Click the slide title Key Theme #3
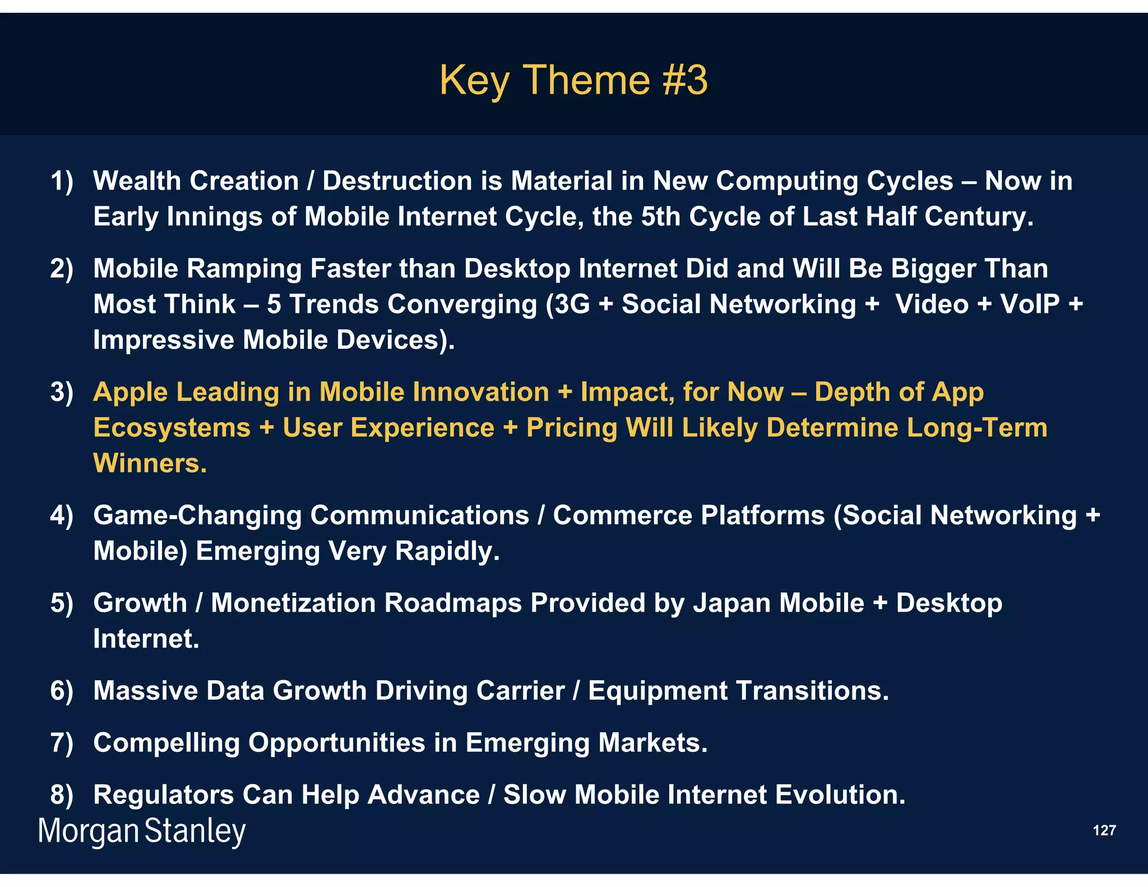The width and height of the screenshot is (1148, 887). click(573, 80)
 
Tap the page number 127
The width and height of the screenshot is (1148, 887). click(1104, 830)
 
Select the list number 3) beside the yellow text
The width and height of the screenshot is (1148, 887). click(62, 392)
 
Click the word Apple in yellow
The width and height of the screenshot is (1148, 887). click(130, 392)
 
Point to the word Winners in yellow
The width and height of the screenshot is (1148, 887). click(149, 464)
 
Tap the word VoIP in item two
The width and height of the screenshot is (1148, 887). click(1030, 304)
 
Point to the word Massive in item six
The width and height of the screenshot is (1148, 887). click(145, 691)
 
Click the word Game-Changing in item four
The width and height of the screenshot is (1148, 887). click(197, 516)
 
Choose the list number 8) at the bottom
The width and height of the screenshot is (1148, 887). click(62, 795)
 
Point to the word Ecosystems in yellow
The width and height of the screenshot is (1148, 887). click(172, 428)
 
